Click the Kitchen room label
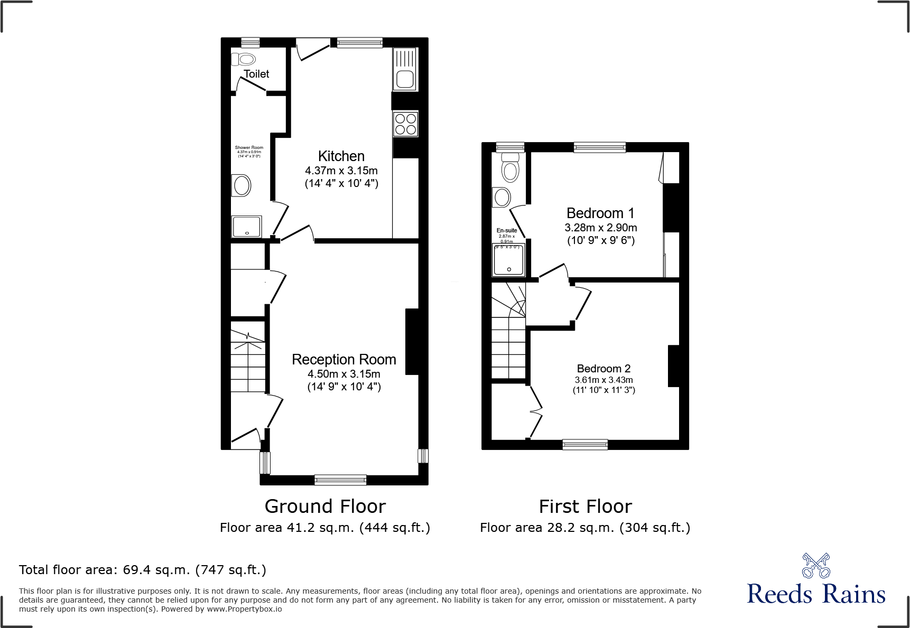pos(341,156)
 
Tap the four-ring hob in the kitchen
pos(405,124)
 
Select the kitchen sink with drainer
pos(405,69)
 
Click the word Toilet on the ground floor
pos(256,74)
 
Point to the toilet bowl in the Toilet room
pos(244,59)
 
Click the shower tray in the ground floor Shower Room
pos(246,227)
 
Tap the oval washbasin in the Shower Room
pos(242,185)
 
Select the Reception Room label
pos(343,360)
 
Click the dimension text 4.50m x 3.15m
pos(343,374)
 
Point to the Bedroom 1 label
pos(600,213)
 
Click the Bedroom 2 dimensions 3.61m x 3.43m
pos(603,380)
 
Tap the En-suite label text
pos(506,230)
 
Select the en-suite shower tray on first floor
pos(509,260)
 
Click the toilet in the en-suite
pos(510,167)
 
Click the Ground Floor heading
pos(325,507)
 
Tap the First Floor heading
pos(585,507)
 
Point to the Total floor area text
pos(143,570)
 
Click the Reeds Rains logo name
pos(815,594)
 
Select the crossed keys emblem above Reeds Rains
pos(816,566)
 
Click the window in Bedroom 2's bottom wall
pos(585,445)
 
